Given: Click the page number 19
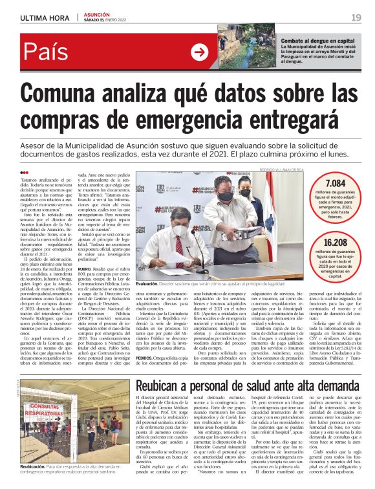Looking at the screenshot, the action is point(356,16).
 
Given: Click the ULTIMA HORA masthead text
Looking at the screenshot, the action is point(45,16).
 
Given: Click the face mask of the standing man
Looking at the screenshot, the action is point(224,196).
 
